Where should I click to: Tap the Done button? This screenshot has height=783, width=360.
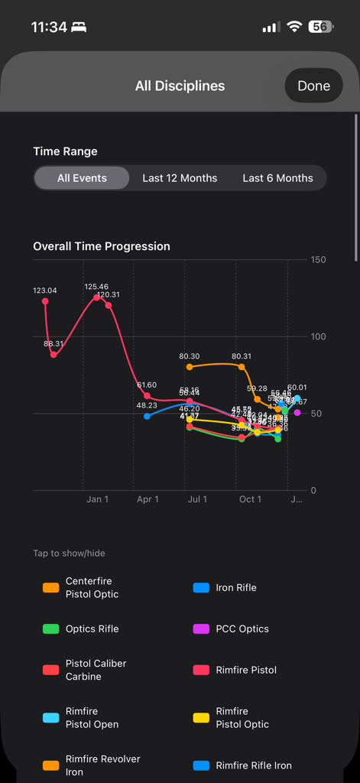click(313, 86)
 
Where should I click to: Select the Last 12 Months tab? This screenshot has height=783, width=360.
click(180, 178)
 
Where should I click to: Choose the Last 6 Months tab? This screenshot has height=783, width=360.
click(277, 178)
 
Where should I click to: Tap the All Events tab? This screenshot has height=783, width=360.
click(82, 178)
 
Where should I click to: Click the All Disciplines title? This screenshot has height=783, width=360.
click(180, 86)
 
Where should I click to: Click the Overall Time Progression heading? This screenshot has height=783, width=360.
click(102, 246)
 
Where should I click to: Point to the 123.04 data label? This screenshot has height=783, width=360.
click(45, 291)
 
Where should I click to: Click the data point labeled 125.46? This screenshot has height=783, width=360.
click(96, 297)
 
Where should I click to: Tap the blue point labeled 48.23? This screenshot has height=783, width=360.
click(147, 416)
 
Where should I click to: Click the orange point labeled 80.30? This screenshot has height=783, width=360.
click(190, 367)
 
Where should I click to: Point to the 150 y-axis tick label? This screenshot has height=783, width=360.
click(318, 260)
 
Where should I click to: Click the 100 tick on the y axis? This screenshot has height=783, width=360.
click(318, 336)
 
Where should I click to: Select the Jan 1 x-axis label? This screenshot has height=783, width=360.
click(97, 499)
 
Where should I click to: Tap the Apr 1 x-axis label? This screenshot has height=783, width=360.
click(148, 499)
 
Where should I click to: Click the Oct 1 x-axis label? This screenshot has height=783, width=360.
click(250, 499)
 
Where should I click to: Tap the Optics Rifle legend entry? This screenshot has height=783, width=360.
click(92, 629)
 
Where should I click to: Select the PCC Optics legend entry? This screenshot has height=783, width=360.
click(242, 629)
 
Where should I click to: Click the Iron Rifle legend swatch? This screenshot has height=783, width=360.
click(201, 588)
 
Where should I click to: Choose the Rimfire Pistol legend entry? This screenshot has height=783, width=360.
click(246, 670)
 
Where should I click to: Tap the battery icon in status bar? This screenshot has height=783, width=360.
click(320, 27)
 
